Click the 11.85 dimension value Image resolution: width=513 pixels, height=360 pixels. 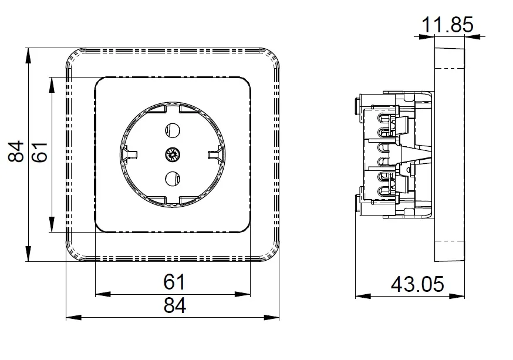click(447, 25)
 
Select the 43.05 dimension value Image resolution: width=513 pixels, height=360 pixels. click(417, 284)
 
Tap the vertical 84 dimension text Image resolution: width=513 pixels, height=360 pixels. click(16, 152)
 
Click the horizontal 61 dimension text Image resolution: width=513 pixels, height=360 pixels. click(174, 281)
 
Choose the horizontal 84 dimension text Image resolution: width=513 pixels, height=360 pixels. click(175, 305)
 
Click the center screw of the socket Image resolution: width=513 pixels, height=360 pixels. click(172, 154)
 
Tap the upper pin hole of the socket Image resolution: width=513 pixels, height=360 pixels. click(173, 130)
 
